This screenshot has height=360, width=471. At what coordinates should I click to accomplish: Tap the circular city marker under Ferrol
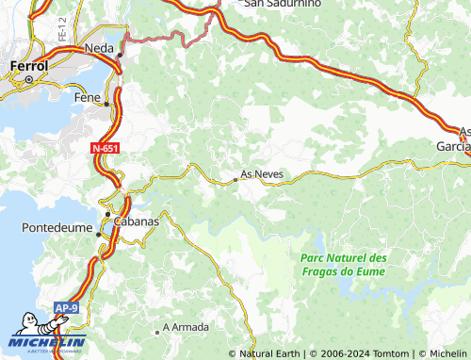(x=29, y=80)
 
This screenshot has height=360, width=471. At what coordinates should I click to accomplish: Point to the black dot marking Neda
(x=120, y=56)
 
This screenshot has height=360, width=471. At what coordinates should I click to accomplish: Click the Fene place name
(x=86, y=96)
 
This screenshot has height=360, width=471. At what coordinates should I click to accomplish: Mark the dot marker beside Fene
(x=106, y=104)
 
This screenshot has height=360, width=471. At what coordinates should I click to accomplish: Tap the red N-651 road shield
(x=106, y=149)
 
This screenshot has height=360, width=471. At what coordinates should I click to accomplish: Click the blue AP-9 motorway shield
(x=65, y=308)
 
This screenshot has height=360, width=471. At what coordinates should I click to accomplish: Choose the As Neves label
(x=262, y=174)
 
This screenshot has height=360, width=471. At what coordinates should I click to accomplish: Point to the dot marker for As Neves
(x=235, y=179)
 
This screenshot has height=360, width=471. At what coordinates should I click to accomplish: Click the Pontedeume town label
(x=56, y=228)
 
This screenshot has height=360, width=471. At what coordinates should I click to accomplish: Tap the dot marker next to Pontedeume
(x=98, y=235)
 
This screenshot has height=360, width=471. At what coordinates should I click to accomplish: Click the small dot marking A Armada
(x=156, y=332)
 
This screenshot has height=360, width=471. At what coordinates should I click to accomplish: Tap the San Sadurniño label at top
(x=283, y=4)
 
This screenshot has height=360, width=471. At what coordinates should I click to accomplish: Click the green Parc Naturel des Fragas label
(x=344, y=265)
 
